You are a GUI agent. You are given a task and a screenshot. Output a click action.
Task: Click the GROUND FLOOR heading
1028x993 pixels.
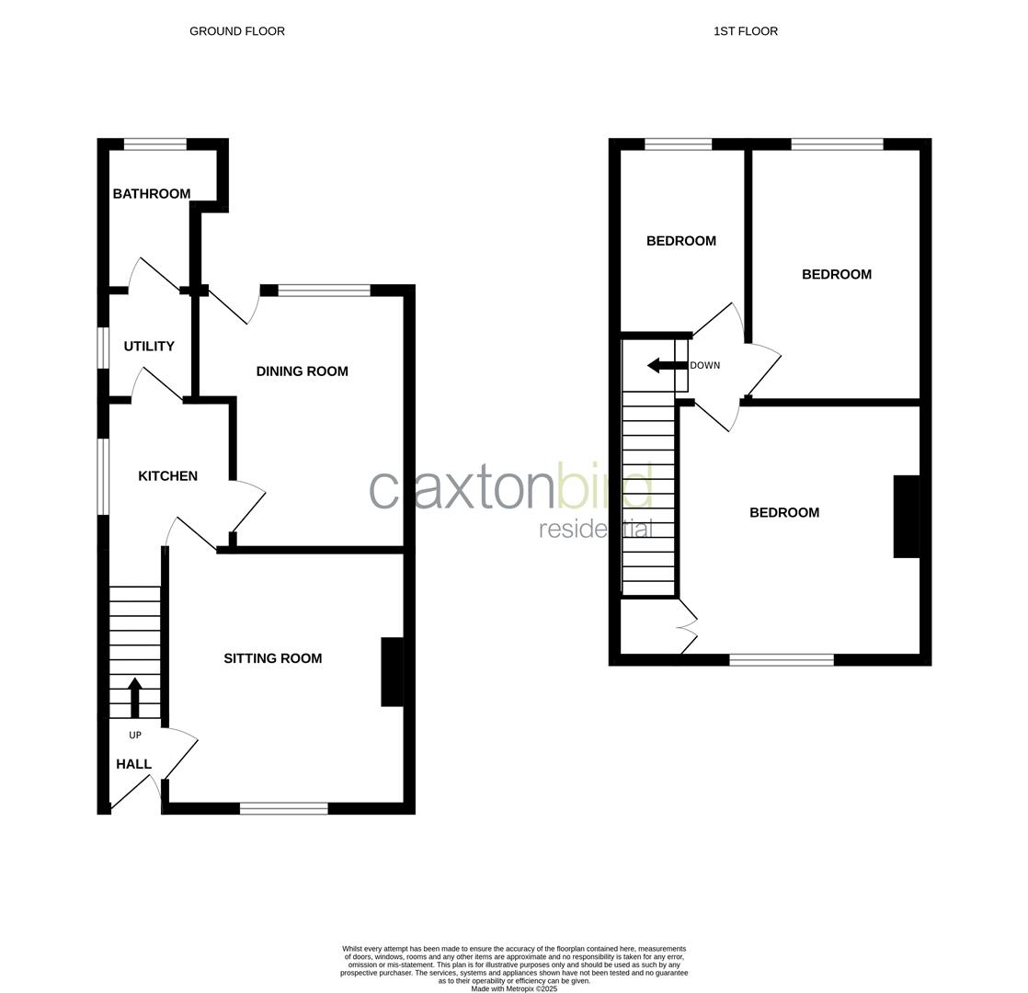(237, 31)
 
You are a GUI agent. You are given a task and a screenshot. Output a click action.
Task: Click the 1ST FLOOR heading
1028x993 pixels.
(745, 31)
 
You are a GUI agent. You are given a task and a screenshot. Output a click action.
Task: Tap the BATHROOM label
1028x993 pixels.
(152, 194)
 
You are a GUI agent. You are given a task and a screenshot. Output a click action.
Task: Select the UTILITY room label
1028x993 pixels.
(149, 347)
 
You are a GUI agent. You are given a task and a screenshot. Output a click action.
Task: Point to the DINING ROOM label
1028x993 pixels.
(302, 371)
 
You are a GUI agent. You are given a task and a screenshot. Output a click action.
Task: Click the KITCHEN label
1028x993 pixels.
(167, 476)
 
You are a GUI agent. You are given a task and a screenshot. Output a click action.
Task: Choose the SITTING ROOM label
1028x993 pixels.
(273, 658)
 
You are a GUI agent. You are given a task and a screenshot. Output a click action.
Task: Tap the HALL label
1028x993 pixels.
(133, 764)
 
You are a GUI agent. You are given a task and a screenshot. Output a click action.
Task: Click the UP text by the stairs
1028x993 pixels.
(135, 736)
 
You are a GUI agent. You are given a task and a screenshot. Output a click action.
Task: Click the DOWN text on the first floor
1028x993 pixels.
(705, 366)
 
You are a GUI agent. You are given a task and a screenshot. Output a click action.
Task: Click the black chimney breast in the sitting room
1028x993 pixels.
(392, 672)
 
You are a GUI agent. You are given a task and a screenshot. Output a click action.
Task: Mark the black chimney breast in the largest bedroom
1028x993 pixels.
(906, 517)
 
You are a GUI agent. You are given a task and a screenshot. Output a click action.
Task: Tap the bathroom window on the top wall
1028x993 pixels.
(154, 143)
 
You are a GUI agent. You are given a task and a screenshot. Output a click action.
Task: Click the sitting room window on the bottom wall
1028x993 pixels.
(283, 809)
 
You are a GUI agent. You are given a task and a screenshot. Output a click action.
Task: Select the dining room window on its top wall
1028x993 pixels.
(324, 291)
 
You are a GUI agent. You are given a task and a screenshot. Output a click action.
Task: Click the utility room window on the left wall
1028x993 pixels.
(104, 348)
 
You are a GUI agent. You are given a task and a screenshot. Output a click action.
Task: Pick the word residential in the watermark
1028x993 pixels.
(595, 530)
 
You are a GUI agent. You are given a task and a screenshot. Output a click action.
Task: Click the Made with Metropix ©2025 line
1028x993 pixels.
(514, 989)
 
